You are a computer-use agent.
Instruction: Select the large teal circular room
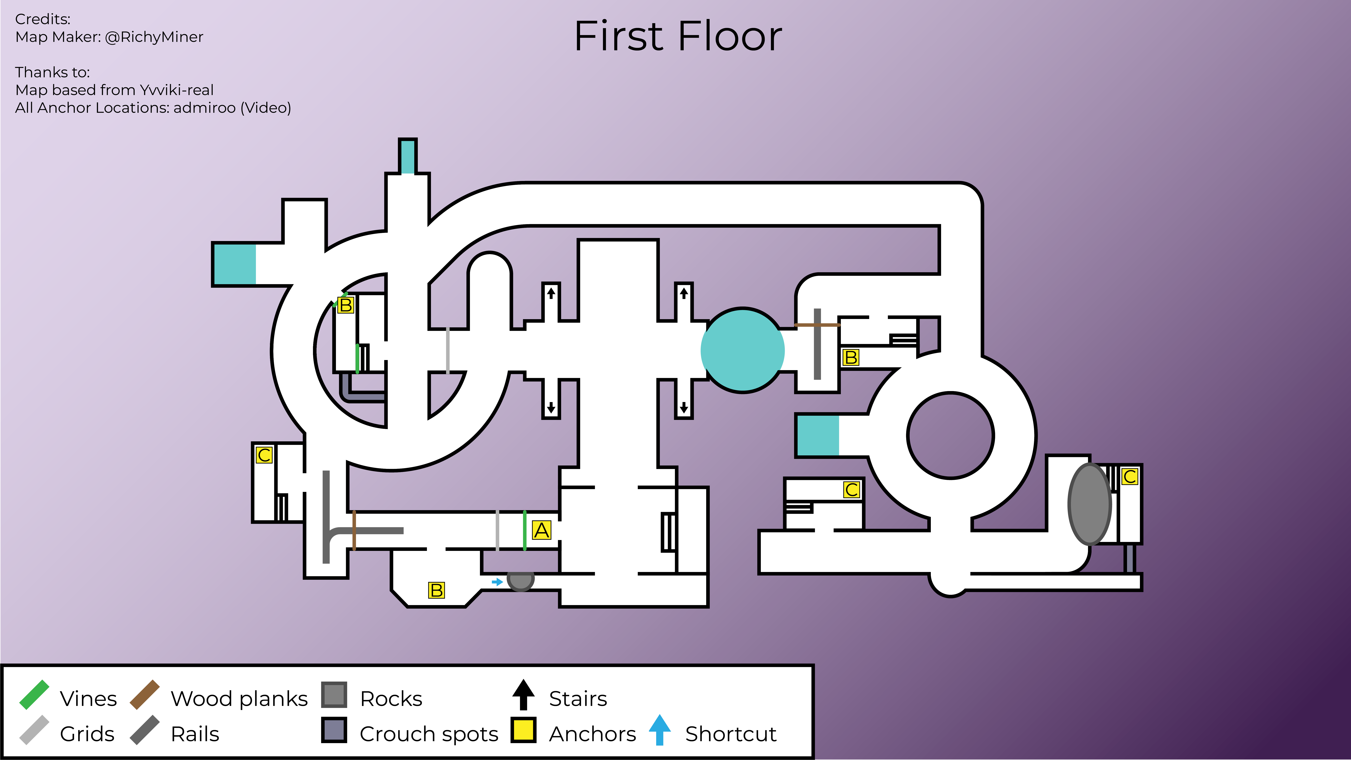[x=743, y=350]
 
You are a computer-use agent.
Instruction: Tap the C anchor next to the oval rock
[x=1130, y=476]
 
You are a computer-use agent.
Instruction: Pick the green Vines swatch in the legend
[x=34, y=695]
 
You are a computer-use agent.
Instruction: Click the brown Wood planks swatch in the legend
[x=145, y=695]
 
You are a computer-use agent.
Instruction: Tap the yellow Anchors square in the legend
[x=523, y=730]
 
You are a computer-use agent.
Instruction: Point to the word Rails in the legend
[x=195, y=734]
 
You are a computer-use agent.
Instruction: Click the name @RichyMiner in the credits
[x=154, y=37]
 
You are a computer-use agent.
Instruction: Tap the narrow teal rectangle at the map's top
[x=408, y=156]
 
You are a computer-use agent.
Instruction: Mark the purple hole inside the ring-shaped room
[x=950, y=435]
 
